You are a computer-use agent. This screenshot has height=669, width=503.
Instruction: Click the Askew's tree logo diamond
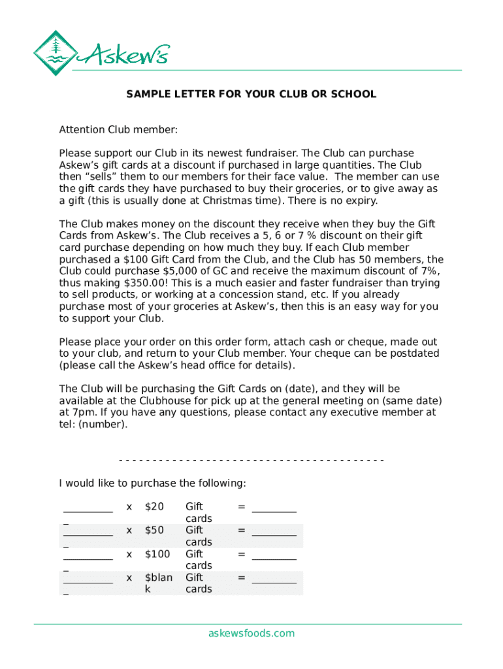[x=56, y=53]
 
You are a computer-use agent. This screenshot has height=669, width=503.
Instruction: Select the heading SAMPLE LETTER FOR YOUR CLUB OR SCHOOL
[x=251, y=94]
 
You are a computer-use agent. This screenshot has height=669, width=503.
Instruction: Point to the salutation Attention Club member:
[x=118, y=129]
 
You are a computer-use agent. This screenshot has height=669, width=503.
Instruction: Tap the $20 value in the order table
[x=154, y=506]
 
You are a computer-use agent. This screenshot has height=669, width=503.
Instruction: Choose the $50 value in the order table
[x=154, y=530]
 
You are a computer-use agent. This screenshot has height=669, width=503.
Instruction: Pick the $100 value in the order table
[x=157, y=554]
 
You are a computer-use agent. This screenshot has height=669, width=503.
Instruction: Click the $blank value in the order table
[x=158, y=583]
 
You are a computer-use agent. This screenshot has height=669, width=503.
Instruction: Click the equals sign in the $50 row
[x=241, y=530]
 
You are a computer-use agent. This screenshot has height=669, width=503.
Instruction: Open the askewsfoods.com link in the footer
[x=251, y=633]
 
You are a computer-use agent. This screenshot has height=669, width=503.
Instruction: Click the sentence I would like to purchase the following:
[x=152, y=483]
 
